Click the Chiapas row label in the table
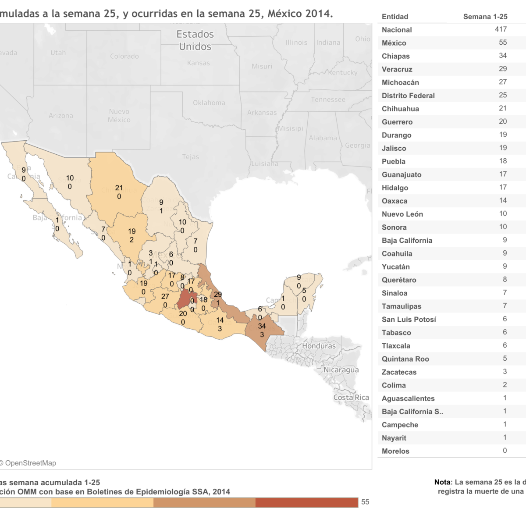(x=395, y=56)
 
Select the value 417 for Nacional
(x=501, y=29)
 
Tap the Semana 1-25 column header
(x=485, y=17)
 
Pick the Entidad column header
(x=394, y=17)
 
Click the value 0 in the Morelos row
(x=505, y=451)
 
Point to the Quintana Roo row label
(x=405, y=359)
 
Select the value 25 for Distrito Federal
(x=502, y=95)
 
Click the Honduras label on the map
(x=319, y=346)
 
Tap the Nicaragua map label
(x=341, y=370)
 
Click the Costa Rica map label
(x=351, y=398)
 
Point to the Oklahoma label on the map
(x=209, y=103)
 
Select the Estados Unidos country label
(x=195, y=40)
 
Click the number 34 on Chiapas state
(x=262, y=326)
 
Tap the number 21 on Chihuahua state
(x=119, y=188)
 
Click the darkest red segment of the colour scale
(x=306, y=502)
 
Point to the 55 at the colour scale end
(x=365, y=502)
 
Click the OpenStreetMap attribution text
(x=30, y=463)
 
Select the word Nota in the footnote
(x=442, y=482)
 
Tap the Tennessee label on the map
(x=328, y=100)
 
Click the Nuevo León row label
(x=402, y=214)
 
